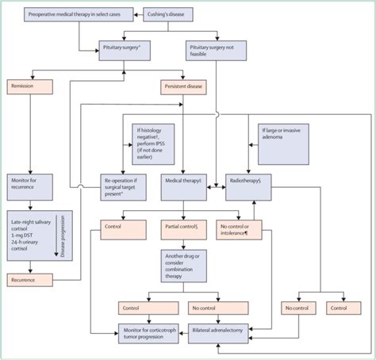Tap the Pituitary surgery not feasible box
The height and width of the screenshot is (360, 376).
[217, 51]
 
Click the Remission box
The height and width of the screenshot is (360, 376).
[29, 84]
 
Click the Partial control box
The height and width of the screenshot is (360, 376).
[183, 230]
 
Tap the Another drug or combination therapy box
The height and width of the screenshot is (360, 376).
[183, 266]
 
